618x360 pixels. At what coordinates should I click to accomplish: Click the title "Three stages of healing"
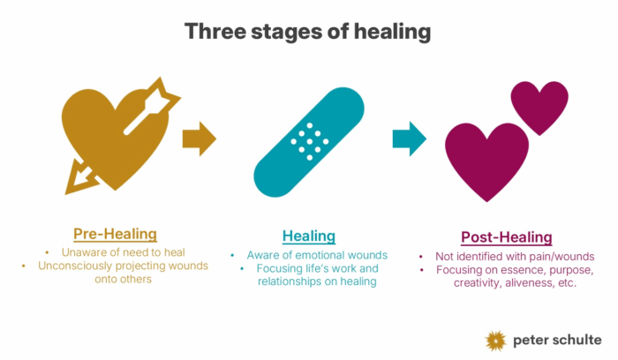click(x=308, y=32)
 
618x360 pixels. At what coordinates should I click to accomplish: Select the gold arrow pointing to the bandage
click(x=199, y=138)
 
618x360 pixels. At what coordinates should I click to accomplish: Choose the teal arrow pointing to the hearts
click(x=409, y=138)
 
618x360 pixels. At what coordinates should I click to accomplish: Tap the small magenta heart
click(x=539, y=106)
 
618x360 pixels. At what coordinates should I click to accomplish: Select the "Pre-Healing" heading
click(x=115, y=234)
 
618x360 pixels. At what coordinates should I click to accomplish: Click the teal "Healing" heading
click(x=308, y=236)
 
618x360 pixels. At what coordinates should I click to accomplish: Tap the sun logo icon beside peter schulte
click(x=497, y=340)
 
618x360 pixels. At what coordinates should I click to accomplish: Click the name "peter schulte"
click(x=557, y=340)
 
